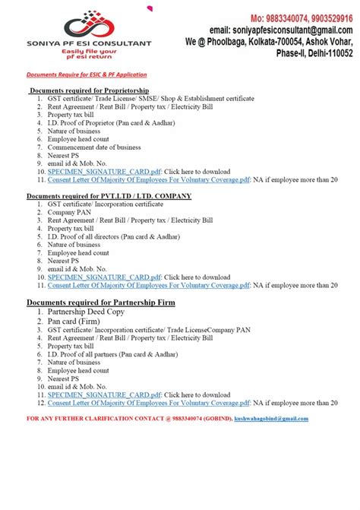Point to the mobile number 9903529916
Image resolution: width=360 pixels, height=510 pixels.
[328, 17]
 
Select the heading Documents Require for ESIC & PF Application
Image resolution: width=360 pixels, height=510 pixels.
[87, 74]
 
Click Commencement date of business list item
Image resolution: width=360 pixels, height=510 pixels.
[94, 147]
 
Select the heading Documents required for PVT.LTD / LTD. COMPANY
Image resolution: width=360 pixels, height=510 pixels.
[109, 196]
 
